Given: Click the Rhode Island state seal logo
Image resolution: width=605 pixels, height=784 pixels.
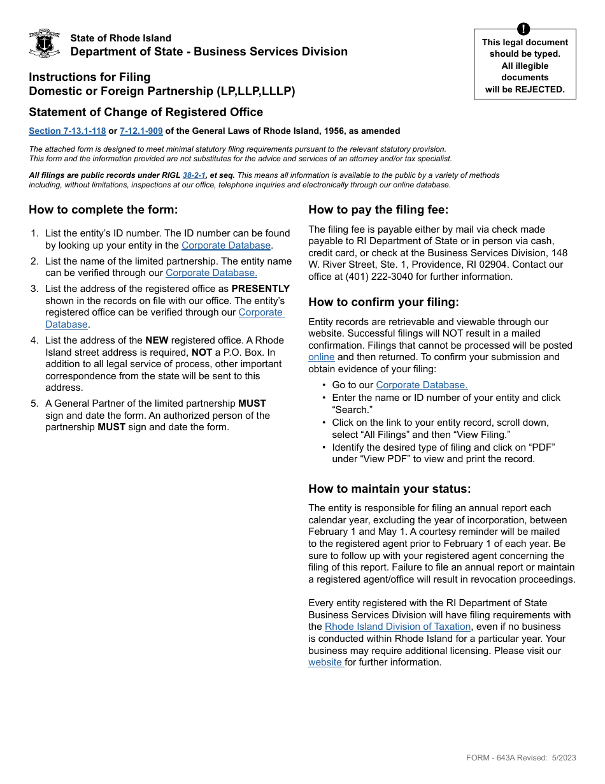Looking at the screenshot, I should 45,44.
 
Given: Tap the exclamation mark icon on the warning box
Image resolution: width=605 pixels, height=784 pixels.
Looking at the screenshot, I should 523,29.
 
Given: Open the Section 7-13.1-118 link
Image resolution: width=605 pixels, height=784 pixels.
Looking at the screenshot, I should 67,131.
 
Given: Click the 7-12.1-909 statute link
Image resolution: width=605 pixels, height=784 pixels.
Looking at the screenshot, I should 141,131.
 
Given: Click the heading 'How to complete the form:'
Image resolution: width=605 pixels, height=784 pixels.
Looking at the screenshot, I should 103,210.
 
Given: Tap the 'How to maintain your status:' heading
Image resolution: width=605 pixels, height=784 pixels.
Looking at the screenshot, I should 389,489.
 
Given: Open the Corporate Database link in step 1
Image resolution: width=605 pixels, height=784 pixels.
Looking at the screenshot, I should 226,245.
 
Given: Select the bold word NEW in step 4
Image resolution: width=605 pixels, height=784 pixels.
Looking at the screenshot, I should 157,340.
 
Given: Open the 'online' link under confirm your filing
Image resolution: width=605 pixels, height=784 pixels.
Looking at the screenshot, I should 321,357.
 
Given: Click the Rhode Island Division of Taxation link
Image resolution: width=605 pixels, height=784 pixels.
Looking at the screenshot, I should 397,627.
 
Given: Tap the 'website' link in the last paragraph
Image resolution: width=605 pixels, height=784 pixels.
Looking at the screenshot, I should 325,662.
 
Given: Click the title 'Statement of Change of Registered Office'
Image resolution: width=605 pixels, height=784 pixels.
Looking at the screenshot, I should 146,112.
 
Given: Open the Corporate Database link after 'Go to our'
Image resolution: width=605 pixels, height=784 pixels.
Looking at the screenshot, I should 422,385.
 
